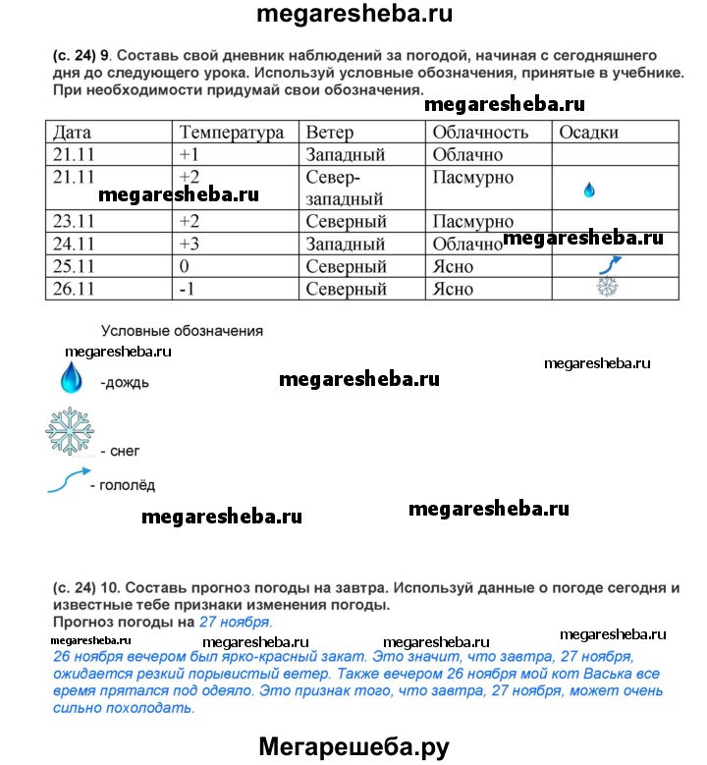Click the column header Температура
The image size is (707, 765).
231,133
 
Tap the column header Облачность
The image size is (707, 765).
480,133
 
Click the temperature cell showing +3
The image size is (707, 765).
190,245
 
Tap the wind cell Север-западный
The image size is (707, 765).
336,188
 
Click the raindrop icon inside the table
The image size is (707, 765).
589,191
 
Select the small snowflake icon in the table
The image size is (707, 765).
608,287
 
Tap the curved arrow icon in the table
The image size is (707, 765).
609,264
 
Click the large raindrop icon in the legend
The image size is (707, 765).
71,377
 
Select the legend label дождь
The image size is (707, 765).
125,383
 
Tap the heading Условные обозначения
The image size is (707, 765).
183,331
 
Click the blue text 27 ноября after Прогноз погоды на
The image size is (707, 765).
236,623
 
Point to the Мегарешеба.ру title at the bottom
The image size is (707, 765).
353,747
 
